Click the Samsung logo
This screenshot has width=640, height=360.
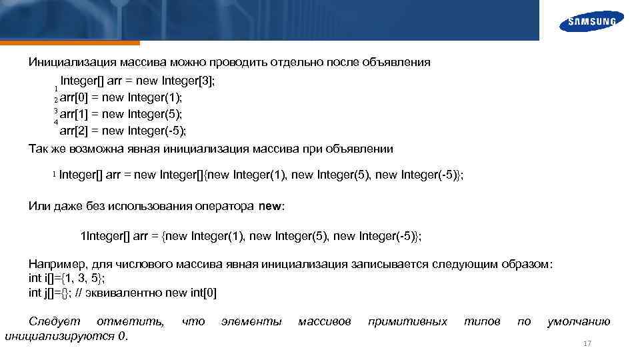[591, 21]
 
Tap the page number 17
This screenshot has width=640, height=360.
[587, 343]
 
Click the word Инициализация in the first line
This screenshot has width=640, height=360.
[73, 62]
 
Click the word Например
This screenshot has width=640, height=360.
[58, 264]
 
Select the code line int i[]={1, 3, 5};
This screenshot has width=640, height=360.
[67, 278]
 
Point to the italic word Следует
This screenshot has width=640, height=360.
[52, 321]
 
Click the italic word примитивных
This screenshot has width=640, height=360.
[407, 321]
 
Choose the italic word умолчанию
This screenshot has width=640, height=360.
[578, 321]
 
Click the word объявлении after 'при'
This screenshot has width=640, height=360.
[359, 148]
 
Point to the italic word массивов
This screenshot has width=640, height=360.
[324, 321]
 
